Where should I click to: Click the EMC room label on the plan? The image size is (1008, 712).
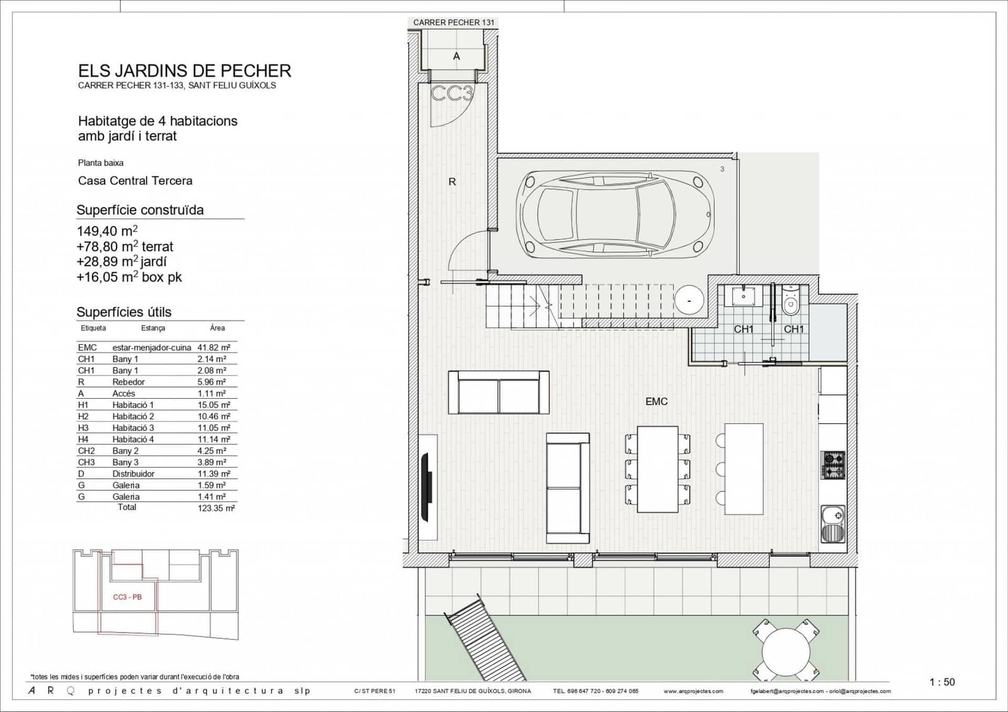coord(656,401)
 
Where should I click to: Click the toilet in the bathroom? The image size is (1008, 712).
coord(789,301)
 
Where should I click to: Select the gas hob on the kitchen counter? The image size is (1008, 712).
coord(833,465)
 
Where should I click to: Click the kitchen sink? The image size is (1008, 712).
coord(833,524)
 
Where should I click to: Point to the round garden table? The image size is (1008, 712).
coord(786,653)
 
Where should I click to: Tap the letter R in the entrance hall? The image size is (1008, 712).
coord(452,182)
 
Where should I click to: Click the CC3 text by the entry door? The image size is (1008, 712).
coord(452,94)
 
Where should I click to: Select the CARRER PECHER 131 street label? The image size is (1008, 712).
coord(454,22)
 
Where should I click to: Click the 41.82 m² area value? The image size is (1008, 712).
coord(214,347)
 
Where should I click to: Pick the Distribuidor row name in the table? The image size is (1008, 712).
coord(133,474)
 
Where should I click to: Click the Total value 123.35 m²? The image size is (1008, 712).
coord(215,508)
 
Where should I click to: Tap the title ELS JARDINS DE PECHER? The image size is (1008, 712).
coord(185,71)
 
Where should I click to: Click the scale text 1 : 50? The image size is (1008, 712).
coord(942,682)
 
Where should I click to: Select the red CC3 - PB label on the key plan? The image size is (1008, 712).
coord(127,597)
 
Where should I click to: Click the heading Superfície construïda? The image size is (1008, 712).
coord(140,210)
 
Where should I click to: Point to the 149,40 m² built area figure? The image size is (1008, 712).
coord(107,231)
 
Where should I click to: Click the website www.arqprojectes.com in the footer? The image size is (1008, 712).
coord(693,691)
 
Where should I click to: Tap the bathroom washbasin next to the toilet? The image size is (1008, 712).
coord(744,295)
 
